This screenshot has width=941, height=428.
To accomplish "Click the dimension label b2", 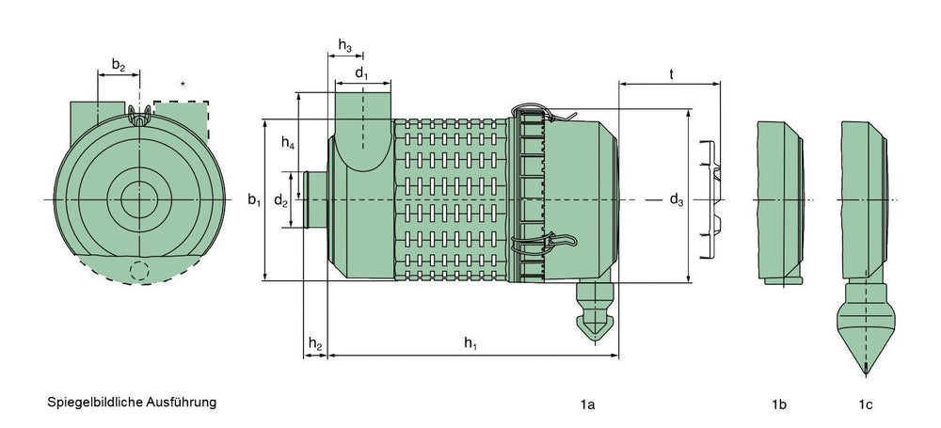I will pyautogui.click(x=118, y=66).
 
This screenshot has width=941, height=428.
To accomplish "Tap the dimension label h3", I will pyautogui.click(x=345, y=47).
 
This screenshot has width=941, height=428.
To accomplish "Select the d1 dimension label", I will pyautogui.click(x=362, y=71).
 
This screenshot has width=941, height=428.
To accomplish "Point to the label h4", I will pyautogui.click(x=288, y=144).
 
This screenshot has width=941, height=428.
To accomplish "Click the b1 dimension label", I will pyautogui.click(x=253, y=199).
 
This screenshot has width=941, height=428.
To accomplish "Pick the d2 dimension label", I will pyautogui.click(x=280, y=200).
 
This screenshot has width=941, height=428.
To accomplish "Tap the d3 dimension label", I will pyautogui.click(x=676, y=199).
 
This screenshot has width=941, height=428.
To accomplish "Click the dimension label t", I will pyautogui.click(x=670, y=72).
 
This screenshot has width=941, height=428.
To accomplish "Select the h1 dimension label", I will pyautogui.click(x=470, y=344).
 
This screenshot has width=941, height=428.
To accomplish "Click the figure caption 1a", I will pyautogui.click(x=587, y=404).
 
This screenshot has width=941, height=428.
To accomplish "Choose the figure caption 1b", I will pyautogui.click(x=778, y=404).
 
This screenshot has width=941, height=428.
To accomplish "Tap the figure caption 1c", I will pyautogui.click(x=865, y=404).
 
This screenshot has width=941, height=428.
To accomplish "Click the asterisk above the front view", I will pyautogui.click(x=183, y=85).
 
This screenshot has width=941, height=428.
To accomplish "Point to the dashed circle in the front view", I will pyautogui.click(x=140, y=271).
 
